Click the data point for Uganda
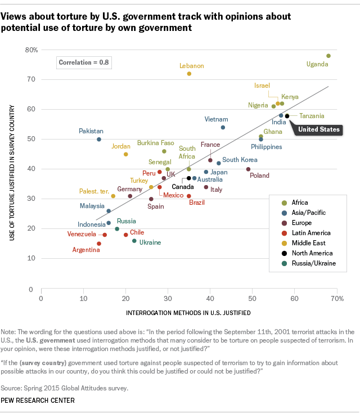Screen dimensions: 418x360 coord(328,56)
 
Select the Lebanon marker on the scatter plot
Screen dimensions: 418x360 coord(189,74)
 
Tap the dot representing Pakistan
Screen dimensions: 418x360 coord(99,139)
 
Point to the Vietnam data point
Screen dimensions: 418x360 coord(223,127)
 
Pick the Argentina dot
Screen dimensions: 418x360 coord(99,244)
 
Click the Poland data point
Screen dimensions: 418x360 coord(248,169)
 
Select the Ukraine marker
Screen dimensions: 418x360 coord(134,241)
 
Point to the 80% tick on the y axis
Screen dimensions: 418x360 coord(31,50)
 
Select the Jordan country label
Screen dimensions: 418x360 coord(121,146)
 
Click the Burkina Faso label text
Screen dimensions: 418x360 coord(155,143)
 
